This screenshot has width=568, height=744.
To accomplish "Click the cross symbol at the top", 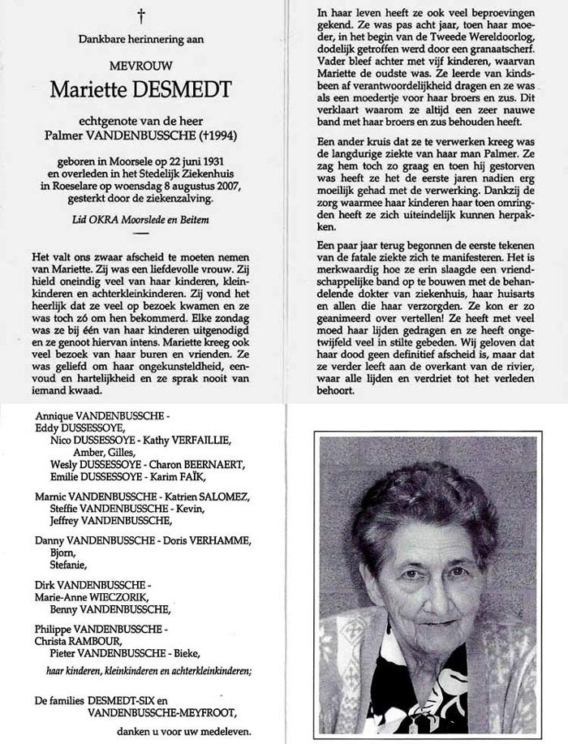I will (142, 14).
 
